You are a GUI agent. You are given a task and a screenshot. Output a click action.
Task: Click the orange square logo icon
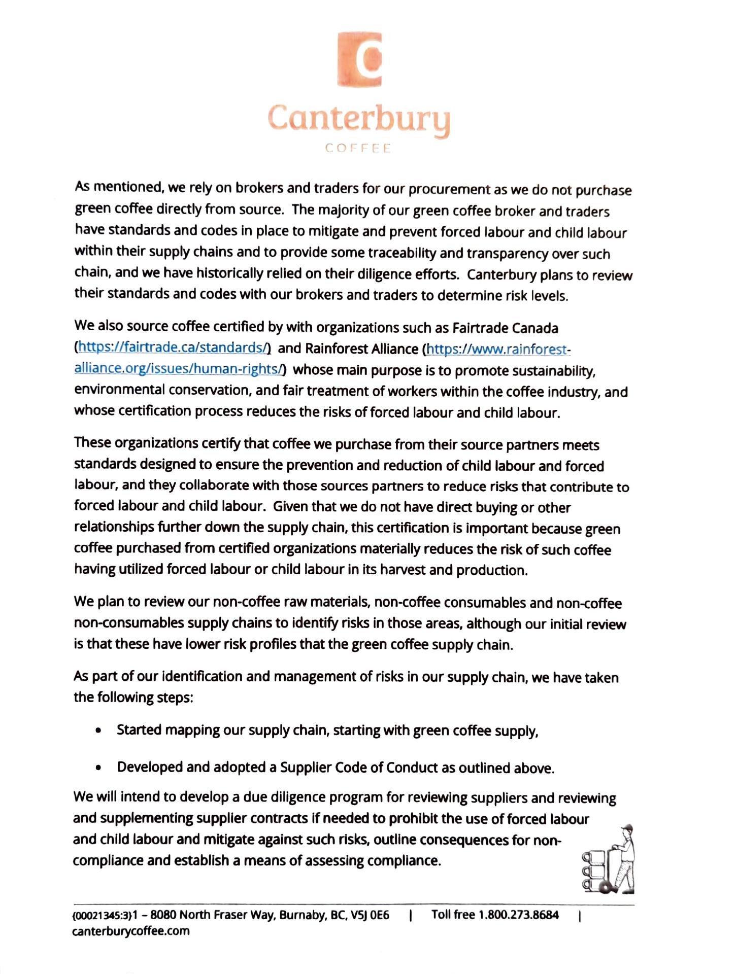[x=359, y=59]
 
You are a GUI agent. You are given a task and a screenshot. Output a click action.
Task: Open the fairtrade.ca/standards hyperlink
[x=173, y=348]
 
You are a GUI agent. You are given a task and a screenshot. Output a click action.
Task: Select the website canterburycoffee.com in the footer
[x=131, y=931]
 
